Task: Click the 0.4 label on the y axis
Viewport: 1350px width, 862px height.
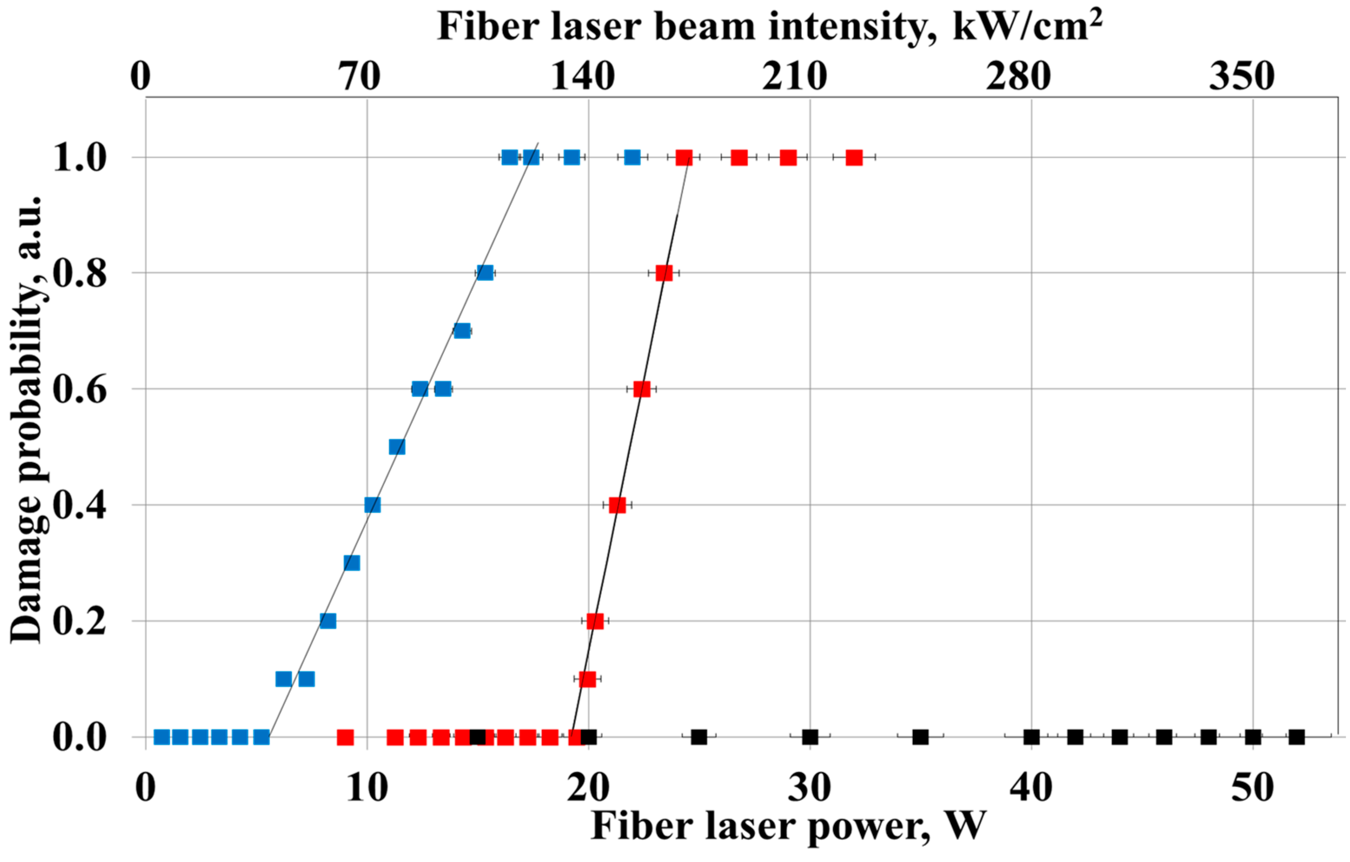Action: [80, 505]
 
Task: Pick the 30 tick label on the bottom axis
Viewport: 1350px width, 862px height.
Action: [809, 787]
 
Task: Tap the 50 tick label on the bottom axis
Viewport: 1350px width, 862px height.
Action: [1253, 787]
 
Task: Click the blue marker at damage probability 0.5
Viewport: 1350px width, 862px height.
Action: [397, 447]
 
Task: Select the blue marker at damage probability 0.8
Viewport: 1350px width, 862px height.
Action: [485, 273]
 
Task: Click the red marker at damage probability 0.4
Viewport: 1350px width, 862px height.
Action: [617, 505]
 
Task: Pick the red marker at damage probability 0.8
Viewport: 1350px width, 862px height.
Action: [664, 273]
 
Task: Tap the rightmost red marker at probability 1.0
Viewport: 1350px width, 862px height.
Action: [854, 158]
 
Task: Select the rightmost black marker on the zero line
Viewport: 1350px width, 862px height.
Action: [1297, 737]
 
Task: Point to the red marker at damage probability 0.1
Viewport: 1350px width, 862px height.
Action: [587, 679]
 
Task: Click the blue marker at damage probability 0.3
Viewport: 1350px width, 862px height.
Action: [351, 563]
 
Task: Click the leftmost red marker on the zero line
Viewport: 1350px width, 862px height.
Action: [345, 737]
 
